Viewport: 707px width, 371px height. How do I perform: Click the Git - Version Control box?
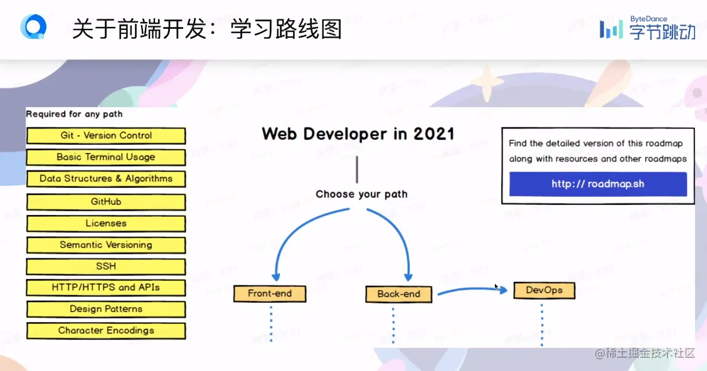(106, 136)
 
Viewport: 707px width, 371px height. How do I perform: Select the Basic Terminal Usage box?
(106, 157)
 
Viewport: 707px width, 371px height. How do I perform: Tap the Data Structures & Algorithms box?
(106, 179)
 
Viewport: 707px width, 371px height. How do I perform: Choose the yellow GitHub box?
(106, 202)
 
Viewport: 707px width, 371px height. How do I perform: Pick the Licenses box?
(106, 224)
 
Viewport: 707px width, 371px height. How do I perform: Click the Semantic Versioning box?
(106, 245)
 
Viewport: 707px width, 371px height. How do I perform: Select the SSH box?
(106, 266)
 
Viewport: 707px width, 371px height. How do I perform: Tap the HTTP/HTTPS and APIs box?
(106, 288)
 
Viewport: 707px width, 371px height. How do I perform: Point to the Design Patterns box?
(106, 309)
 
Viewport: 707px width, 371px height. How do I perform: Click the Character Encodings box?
(106, 331)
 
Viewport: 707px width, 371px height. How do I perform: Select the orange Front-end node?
(270, 293)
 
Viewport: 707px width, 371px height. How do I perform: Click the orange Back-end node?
(399, 294)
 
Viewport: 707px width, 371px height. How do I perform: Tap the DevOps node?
(544, 290)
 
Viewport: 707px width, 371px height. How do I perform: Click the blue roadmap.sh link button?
(598, 184)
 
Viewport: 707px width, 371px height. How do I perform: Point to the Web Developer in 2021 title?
(358, 134)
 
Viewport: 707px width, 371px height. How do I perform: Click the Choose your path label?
(361, 194)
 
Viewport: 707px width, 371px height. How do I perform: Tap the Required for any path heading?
(74, 114)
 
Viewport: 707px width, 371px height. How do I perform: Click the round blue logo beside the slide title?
(33, 28)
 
